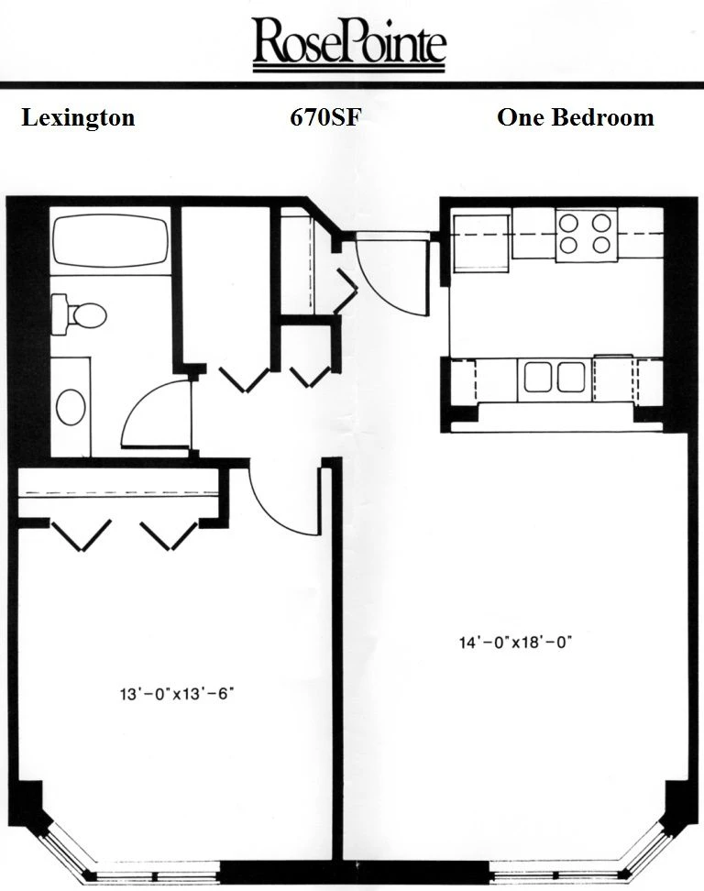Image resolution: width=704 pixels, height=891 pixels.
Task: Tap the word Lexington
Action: click(x=79, y=118)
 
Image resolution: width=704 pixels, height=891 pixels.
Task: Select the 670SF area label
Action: click(x=325, y=117)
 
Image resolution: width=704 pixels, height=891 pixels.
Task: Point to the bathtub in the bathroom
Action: click(x=110, y=240)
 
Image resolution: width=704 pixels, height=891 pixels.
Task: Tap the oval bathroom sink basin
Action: click(x=71, y=407)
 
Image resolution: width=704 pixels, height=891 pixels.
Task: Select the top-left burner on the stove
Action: click(x=568, y=224)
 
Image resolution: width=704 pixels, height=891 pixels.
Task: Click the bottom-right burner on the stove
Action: click(x=601, y=245)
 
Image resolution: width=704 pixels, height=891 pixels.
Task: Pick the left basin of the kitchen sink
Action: click(x=537, y=377)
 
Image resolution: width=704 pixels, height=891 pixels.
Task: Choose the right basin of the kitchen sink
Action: click(x=571, y=377)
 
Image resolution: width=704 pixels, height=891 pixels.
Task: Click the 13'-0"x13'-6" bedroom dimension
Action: click(x=177, y=693)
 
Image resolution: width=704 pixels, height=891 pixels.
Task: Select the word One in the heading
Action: click(x=521, y=117)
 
